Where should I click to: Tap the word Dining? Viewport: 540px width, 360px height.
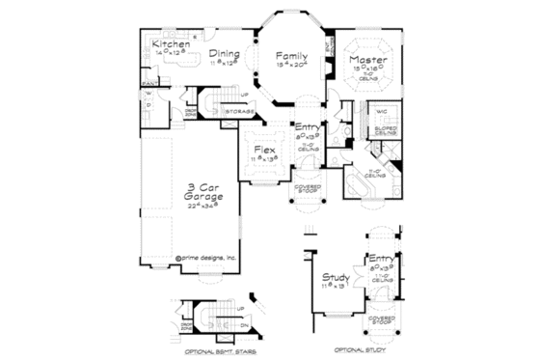click(x=223, y=55)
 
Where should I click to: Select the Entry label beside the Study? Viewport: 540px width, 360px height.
click(x=381, y=260)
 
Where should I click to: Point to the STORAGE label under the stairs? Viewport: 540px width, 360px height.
click(x=239, y=112)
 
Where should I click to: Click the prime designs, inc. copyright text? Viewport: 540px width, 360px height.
click(x=205, y=258)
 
